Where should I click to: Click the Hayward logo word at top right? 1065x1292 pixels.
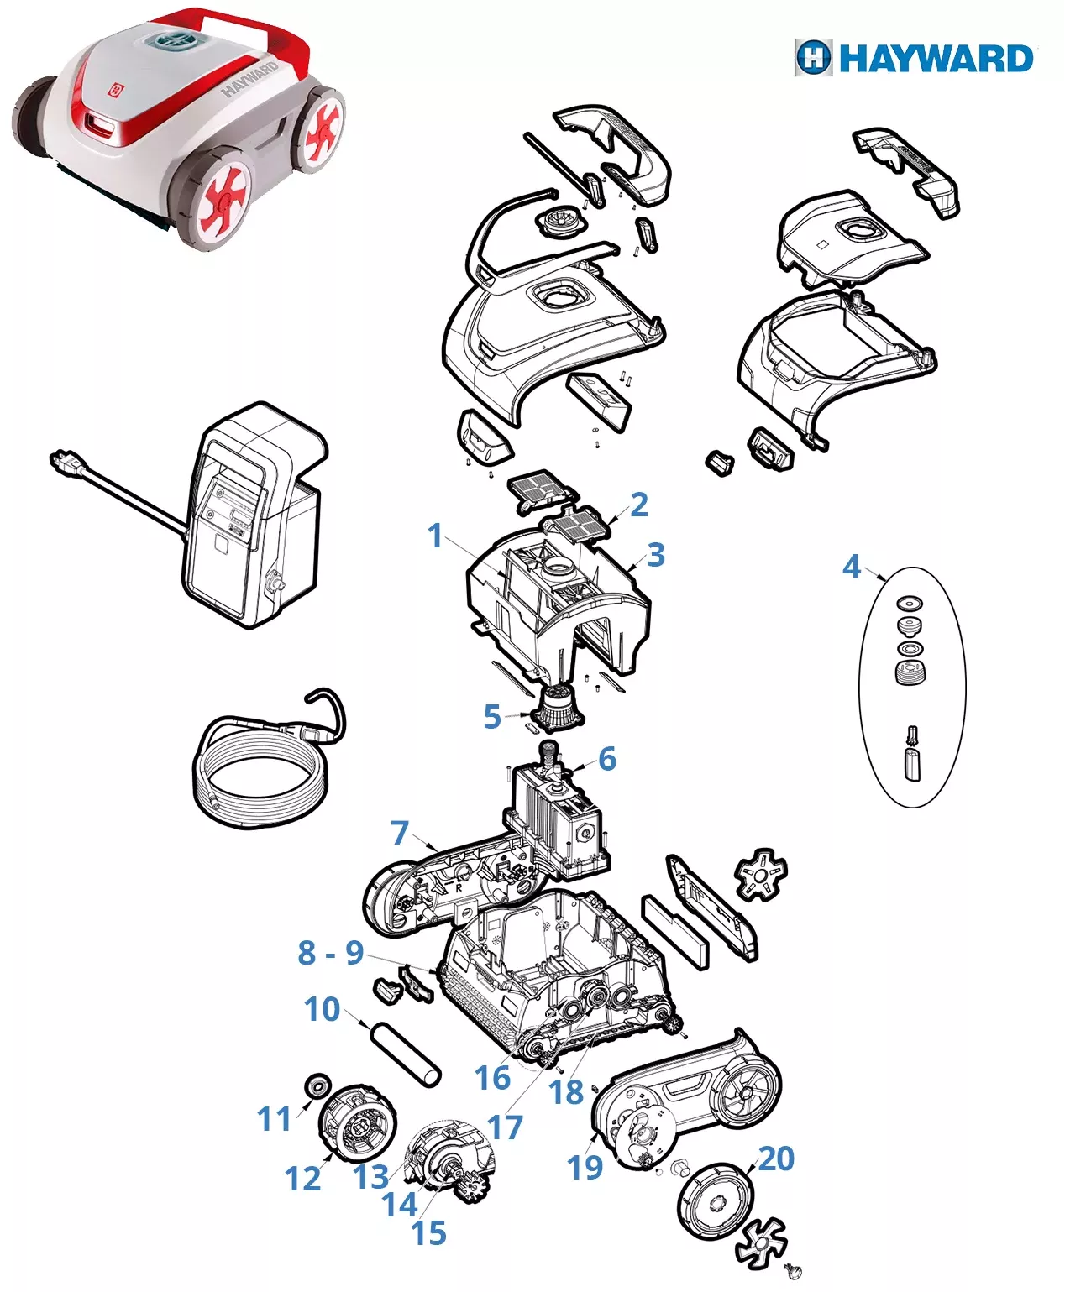point(936,59)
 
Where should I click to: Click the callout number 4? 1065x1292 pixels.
point(852,567)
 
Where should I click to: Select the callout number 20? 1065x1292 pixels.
point(776,1159)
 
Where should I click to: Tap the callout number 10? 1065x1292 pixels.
point(323,1009)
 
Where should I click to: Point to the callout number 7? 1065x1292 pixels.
point(400,833)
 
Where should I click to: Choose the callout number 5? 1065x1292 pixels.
point(492,717)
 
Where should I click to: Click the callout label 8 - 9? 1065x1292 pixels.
point(331,953)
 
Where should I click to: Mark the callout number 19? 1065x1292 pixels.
point(585,1167)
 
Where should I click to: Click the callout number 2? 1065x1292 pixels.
point(639,505)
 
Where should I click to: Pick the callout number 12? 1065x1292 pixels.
point(302,1179)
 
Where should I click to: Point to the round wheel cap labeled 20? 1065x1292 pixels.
point(715,1200)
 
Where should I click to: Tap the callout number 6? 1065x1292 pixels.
point(607,759)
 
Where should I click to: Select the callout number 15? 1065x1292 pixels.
point(428,1232)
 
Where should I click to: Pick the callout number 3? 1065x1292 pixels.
point(656,555)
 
